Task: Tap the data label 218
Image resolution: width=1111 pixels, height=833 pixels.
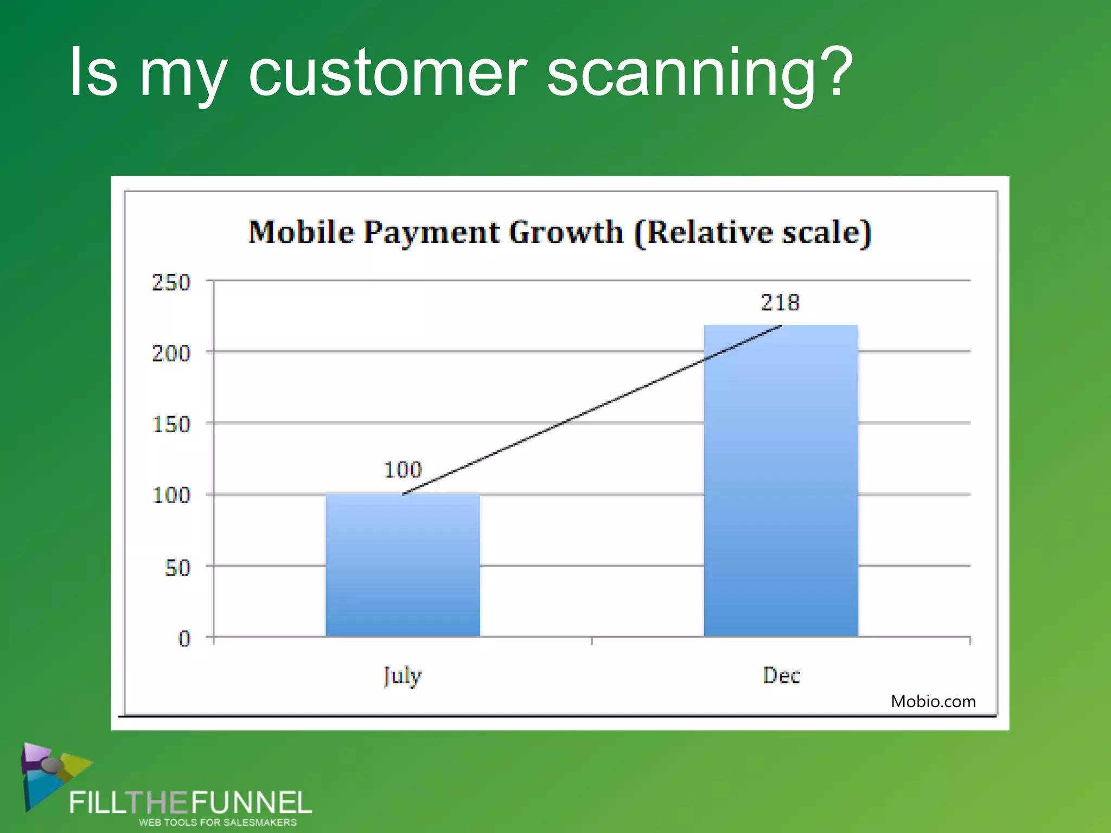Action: [780, 303]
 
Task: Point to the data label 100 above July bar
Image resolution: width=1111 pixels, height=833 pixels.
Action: [403, 470]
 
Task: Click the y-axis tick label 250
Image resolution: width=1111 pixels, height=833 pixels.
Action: [171, 283]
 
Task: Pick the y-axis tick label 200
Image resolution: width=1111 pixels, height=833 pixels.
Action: [171, 354]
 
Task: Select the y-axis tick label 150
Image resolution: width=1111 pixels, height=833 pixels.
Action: [171, 424]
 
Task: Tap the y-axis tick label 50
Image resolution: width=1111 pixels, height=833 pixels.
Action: [177, 568]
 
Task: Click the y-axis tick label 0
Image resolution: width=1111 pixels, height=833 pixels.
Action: [184, 638]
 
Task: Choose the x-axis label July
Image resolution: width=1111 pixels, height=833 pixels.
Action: [402, 676]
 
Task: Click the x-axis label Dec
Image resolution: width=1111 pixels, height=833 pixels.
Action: [781, 676]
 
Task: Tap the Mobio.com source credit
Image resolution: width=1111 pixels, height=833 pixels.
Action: [933, 701]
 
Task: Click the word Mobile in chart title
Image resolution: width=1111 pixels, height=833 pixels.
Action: [301, 232]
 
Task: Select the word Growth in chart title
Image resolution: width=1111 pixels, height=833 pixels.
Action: [566, 232]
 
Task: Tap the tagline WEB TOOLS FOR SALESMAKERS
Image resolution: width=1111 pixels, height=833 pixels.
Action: [218, 823]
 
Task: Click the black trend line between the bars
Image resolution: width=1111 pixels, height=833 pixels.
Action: [591, 410]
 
